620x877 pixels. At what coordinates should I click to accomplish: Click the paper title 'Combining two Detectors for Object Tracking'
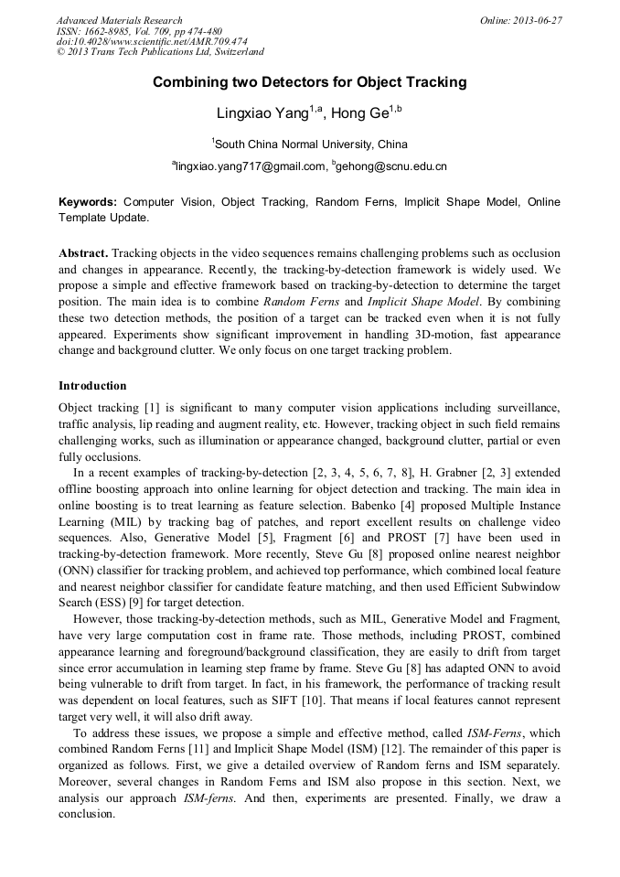coord(309,82)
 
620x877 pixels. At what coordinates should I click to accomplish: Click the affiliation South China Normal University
coord(311,144)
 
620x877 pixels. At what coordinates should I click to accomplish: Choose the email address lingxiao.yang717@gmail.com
coord(250,166)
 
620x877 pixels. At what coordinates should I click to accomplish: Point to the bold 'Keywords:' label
coord(88,202)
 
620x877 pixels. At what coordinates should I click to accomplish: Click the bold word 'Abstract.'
coord(84,252)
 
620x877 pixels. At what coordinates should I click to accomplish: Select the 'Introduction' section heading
coord(92,386)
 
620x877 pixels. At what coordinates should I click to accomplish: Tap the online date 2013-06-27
coord(538,20)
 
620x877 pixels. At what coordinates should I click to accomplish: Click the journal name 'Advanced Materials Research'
coord(119,20)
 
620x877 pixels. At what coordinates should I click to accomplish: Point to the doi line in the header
coord(152,42)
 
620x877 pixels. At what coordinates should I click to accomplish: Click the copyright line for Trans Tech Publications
coord(160,53)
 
